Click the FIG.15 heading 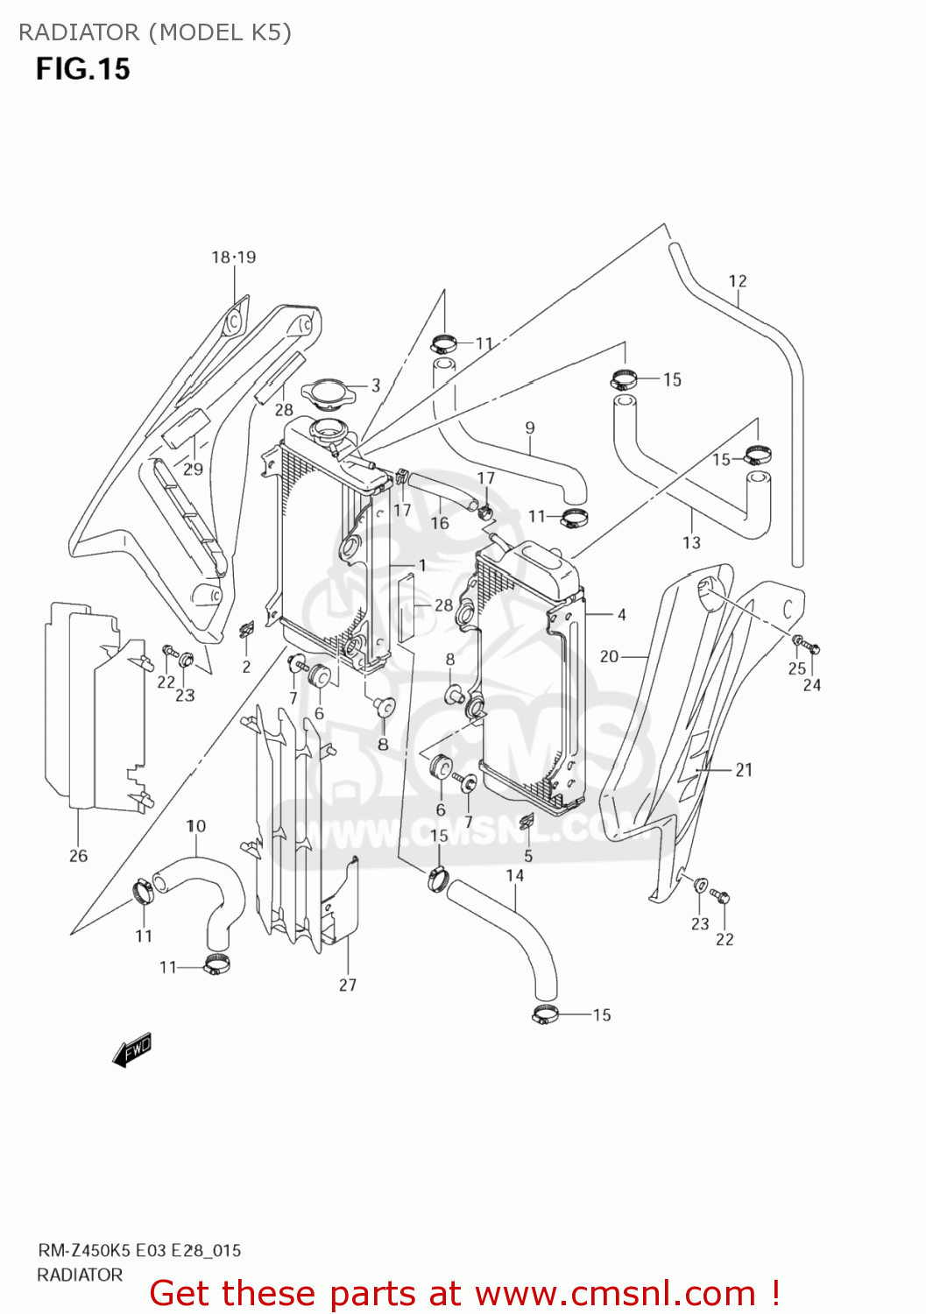click(82, 69)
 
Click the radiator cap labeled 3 click(329, 393)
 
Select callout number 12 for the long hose click(738, 281)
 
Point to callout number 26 click(78, 856)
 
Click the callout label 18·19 click(233, 258)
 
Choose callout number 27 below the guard click(348, 985)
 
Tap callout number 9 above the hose click(530, 428)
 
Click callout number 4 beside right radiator click(621, 615)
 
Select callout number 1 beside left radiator click(422, 566)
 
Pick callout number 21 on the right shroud click(743, 770)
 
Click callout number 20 click(609, 656)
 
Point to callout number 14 click(515, 875)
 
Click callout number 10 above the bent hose click(196, 826)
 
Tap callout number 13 click(691, 543)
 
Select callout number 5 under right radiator click(528, 856)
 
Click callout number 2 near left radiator click(246, 667)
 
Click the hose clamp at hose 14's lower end click(545, 1014)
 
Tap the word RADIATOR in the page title click(79, 32)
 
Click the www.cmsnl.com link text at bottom click(615, 1293)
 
